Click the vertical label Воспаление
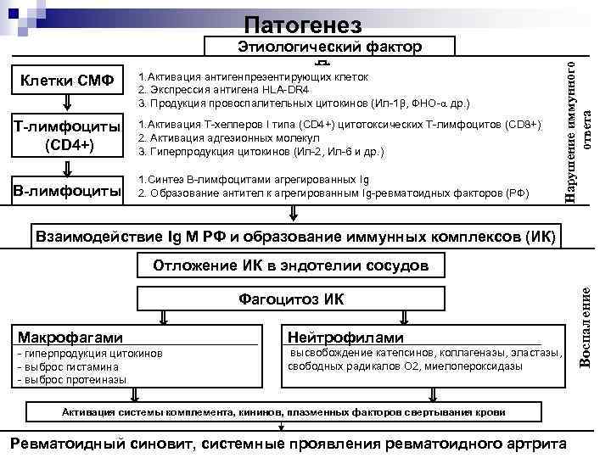pyautogui.click(x=585, y=327)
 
